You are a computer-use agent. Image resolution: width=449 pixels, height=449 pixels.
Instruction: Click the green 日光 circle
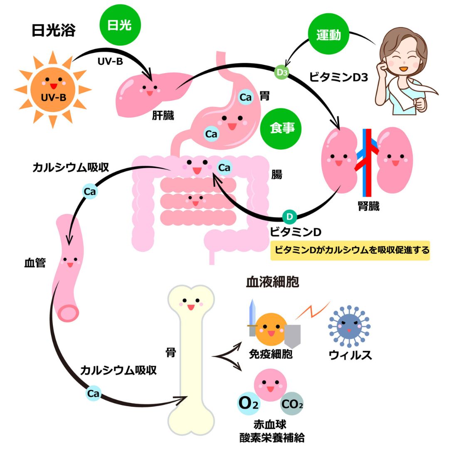coord(119,26)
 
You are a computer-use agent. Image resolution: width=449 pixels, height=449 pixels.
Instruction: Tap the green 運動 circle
coord(328,35)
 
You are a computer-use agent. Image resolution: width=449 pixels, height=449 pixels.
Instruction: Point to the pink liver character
coord(146,89)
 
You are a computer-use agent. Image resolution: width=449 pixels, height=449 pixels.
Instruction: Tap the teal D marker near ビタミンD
coord(290,217)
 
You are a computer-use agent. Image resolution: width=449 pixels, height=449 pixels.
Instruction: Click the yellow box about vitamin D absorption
coord(350,250)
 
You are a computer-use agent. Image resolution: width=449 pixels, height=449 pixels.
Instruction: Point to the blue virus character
coord(348,326)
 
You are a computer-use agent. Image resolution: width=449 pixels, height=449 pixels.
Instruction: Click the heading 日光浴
coord(53,30)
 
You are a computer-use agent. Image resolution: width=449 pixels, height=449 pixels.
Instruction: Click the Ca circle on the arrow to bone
coord(94,393)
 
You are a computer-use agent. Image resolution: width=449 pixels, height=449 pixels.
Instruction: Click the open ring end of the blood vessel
coord(67,312)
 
